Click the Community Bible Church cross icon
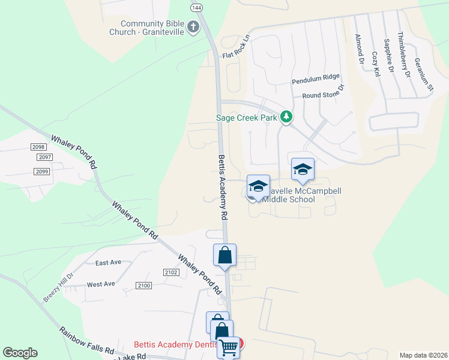click(193, 27)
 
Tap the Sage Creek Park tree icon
click(286, 117)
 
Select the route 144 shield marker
click(196, 7)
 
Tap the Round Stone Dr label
click(324, 92)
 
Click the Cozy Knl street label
click(376, 64)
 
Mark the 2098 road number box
click(38, 147)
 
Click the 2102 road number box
click(171, 272)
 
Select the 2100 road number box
click(143, 286)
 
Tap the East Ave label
click(108, 263)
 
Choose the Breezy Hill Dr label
click(58, 287)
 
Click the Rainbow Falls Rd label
click(86, 340)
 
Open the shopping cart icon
click(228, 347)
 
